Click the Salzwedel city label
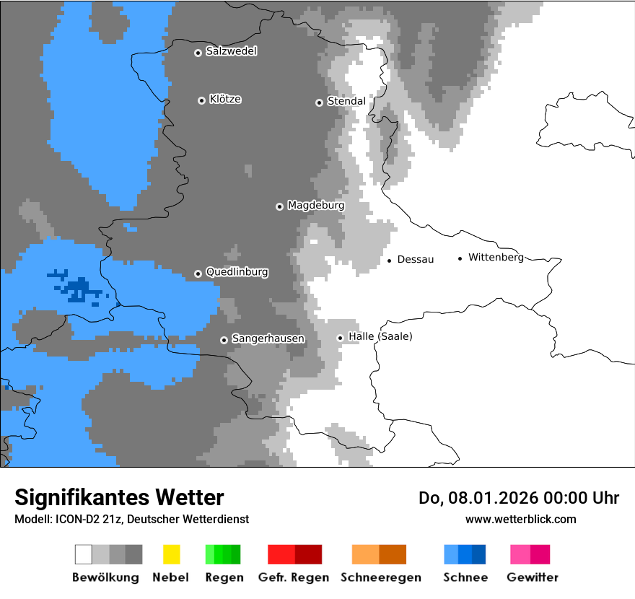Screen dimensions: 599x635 pos(231,51)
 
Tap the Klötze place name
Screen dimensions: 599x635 pos(225,99)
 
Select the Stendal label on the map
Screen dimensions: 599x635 pos(346,101)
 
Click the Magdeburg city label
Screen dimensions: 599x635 pos(315,206)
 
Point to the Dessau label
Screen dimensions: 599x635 pos(416,259)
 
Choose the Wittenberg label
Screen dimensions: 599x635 pos(496,257)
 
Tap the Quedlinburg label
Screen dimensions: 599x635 pos(237,272)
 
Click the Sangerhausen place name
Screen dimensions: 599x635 pos(268,338)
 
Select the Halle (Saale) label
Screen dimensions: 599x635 pos(380,336)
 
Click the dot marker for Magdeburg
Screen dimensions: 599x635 pos(279,206)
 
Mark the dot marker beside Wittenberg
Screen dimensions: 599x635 pos(460,258)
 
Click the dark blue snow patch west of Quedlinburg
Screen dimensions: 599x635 pos(76,289)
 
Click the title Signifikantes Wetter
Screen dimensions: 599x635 pos(119,497)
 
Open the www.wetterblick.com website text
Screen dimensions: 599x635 pos(520,519)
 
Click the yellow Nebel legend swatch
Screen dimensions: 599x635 pos(171,554)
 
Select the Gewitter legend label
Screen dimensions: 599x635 pos(533,577)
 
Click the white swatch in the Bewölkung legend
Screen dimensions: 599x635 pos(84,554)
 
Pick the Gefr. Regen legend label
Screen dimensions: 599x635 pos(294,577)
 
